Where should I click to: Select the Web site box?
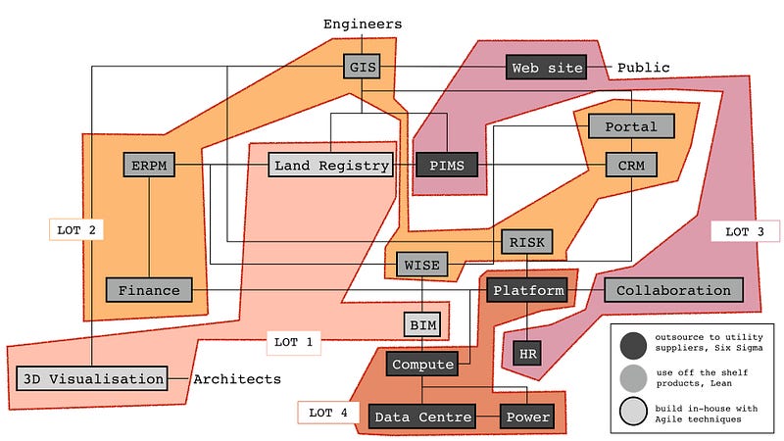(x=547, y=68)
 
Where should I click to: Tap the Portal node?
(x=631, y=127)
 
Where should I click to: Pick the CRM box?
(x=631, y=166)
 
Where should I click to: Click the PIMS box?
(x=446, y=166)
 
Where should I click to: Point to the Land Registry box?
(x=331, y=166)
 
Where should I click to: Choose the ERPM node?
(x=149, y=166)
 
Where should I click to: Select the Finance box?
(x=149, y=290)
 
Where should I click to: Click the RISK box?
(x=527, y=242)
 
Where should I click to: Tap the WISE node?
(x=422, y=264)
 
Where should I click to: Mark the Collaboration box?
(x=673, y=290)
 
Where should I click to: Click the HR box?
(x=527, y=350)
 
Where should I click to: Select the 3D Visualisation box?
(x=92, y=378)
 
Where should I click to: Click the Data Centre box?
(x=422, y=417)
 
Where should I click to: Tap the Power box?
(x=528, y=417)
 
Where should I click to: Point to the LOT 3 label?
(x=744, y=232)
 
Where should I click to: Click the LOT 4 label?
(x=322, y=413)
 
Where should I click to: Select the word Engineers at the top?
(x=363, y=24)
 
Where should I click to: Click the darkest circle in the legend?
(x=633, y=344)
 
